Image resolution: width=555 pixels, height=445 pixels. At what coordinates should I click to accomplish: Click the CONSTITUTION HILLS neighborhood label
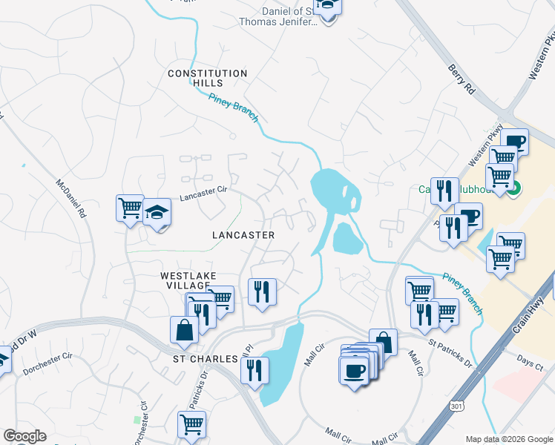click(207, 78)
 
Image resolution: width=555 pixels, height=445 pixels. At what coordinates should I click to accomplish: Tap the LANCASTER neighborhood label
click(243, 235)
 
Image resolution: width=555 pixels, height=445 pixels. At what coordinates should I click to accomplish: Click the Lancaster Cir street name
click(203, 194)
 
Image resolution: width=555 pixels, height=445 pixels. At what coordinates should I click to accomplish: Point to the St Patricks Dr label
click(450, 353)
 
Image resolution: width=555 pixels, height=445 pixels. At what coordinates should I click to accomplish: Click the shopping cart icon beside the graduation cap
click(130, 207)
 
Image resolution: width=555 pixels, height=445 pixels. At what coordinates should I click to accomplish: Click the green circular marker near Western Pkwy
click(513, 189)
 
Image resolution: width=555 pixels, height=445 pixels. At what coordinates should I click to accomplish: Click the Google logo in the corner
click(24, 436)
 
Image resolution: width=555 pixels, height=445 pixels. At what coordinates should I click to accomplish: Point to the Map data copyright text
click(508, 439)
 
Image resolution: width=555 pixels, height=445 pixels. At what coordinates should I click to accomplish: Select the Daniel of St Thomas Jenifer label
click(289, 16)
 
